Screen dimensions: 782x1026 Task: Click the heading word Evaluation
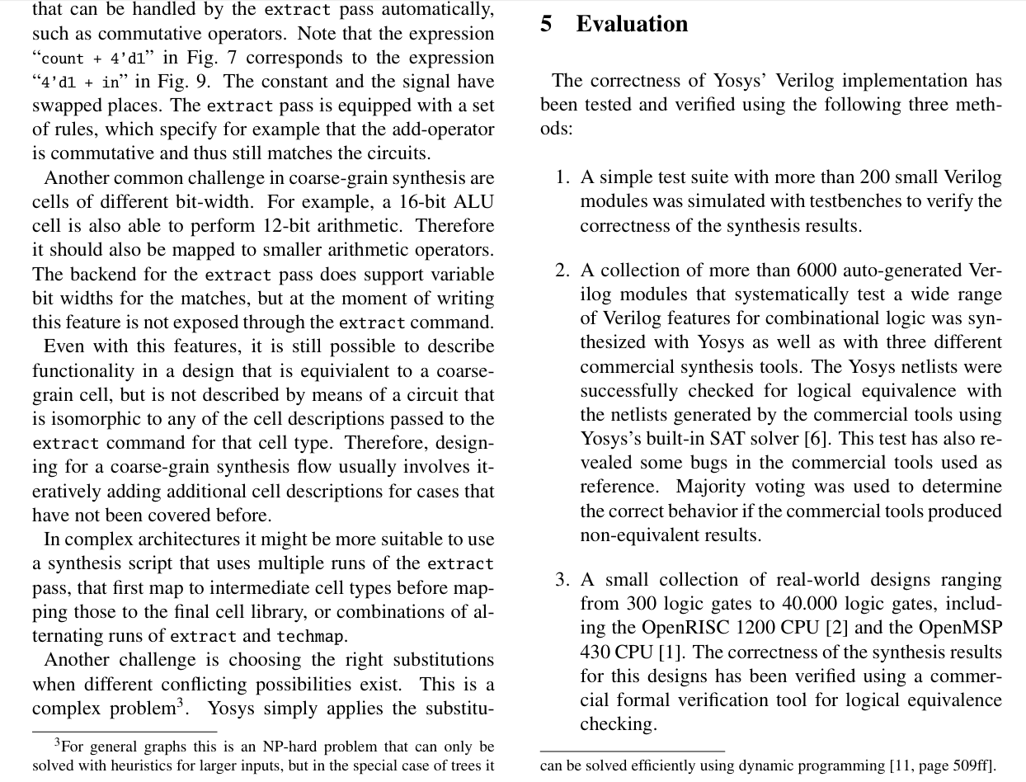point(632,24)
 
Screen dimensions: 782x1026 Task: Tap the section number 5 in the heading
point(546,24)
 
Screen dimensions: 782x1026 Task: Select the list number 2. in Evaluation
point(562,271)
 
